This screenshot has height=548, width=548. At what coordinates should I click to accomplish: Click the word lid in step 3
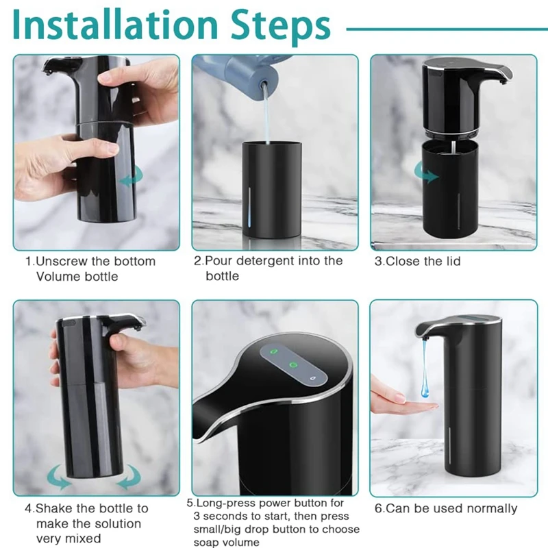coord(453,261)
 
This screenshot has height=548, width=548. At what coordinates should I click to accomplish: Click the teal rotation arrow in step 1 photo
coord(132,177)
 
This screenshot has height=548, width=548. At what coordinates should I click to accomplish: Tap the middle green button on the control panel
coord(293,365)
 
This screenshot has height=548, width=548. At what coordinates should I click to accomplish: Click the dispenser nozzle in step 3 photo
coord(503,82)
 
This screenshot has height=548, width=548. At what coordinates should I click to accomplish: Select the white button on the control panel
coord(312,378)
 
